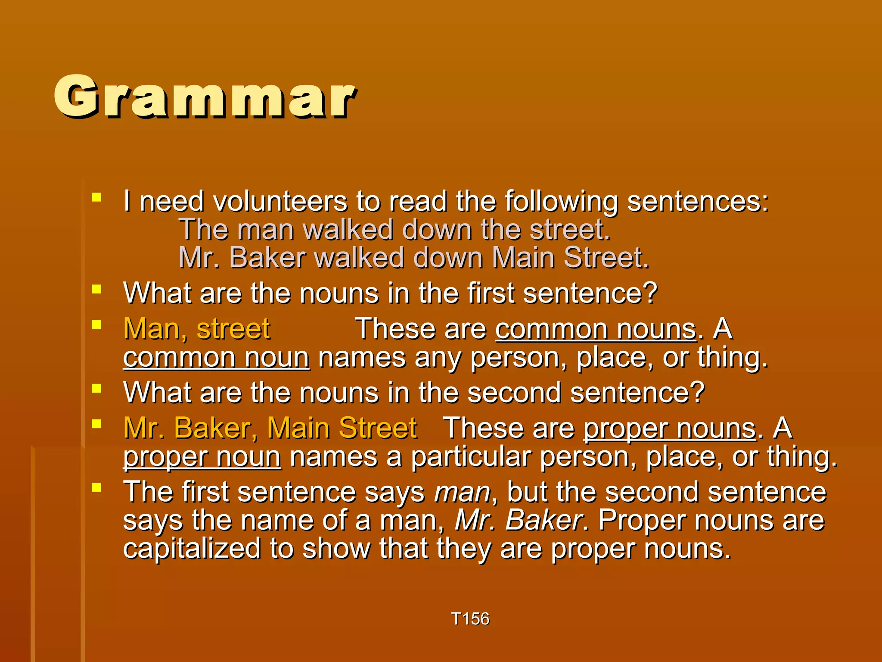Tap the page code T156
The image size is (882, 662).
pyautogui.click(x=470, y=619)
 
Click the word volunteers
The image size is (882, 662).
pyautogui.click(x=280, y=201)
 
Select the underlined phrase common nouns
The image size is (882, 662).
pyautogui.click(x=596, y=329)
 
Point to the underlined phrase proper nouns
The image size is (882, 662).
pyautogui.click(x=670, y=428)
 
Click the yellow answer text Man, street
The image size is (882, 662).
pyautogui.click(x=196, y=329)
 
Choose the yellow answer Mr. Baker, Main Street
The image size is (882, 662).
pyautogui.click(x=270, y=428)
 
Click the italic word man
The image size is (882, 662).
pyautogui.click(x=462, y=492)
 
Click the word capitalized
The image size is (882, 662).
pyautogui.click(x=192, y=549)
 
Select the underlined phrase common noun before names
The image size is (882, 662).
pyautogui.click(x=216, y=358)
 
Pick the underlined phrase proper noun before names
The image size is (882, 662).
pyautogui.click(x=202, y=457)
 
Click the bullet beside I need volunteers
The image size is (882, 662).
pyautogui.click(x=96, y=198)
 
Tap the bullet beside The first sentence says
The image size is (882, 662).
pyautogui.click(x=96, y=488)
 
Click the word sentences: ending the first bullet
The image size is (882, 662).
pyautogui.click(x=698, y=201)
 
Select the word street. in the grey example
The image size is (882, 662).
pyautogui.click(x=569, y=229)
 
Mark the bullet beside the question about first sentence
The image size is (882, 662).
pyautogui.click(x=96, y=289)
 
